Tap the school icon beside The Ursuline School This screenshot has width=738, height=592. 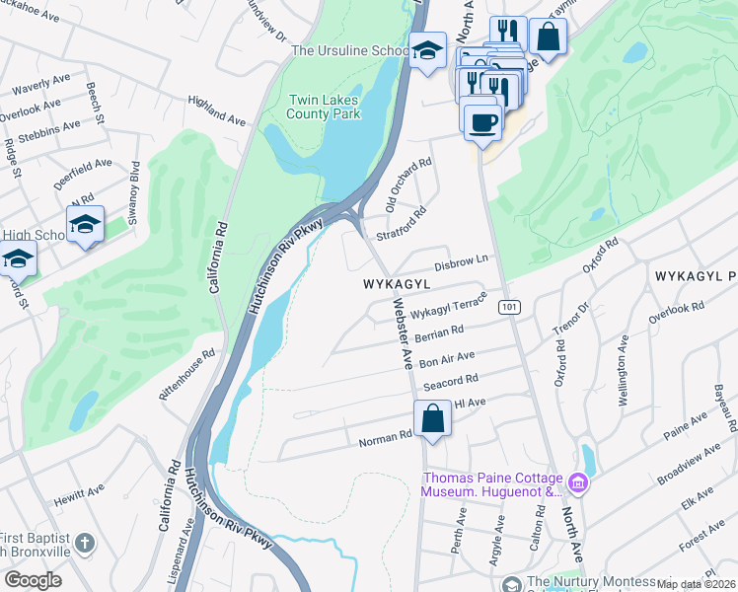(426, 52)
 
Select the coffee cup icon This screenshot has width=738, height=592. (482, 121)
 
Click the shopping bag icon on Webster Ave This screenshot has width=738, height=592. (432, 417)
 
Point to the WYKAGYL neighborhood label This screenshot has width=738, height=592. (398, 283)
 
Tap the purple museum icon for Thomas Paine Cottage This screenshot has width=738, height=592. (578, 483)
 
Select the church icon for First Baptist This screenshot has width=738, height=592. (86, 544)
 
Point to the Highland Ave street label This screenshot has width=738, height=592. (217, 111)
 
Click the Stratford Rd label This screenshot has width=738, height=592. (401, 225)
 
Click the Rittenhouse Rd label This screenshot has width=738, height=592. (188, 374)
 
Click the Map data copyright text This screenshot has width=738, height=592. (696, 584)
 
